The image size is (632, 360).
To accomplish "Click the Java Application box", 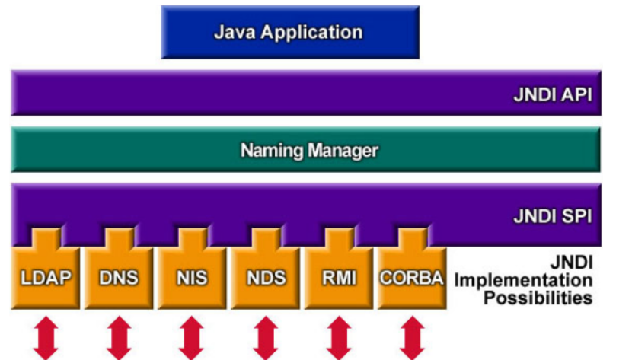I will click(289, 33).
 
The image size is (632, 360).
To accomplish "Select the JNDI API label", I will click(553, 96).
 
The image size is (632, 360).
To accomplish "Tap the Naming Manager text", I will click(309, 150).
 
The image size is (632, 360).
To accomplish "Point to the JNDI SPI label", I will click(554, 216).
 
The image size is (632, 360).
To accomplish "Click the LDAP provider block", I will click(45, 276).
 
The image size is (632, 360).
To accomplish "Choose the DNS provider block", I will click(118, 276).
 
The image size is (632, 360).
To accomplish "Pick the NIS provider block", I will click(191, 276).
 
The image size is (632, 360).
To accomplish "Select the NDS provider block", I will click(265, 276).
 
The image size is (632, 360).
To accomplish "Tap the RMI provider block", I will click(338, 276).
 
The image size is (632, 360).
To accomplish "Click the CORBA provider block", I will click(411, 276).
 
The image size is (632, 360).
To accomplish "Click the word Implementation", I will click(523, 279).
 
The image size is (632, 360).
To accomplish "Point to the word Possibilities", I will click(538, 298).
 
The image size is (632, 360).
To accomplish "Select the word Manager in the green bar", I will click(343, 150).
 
